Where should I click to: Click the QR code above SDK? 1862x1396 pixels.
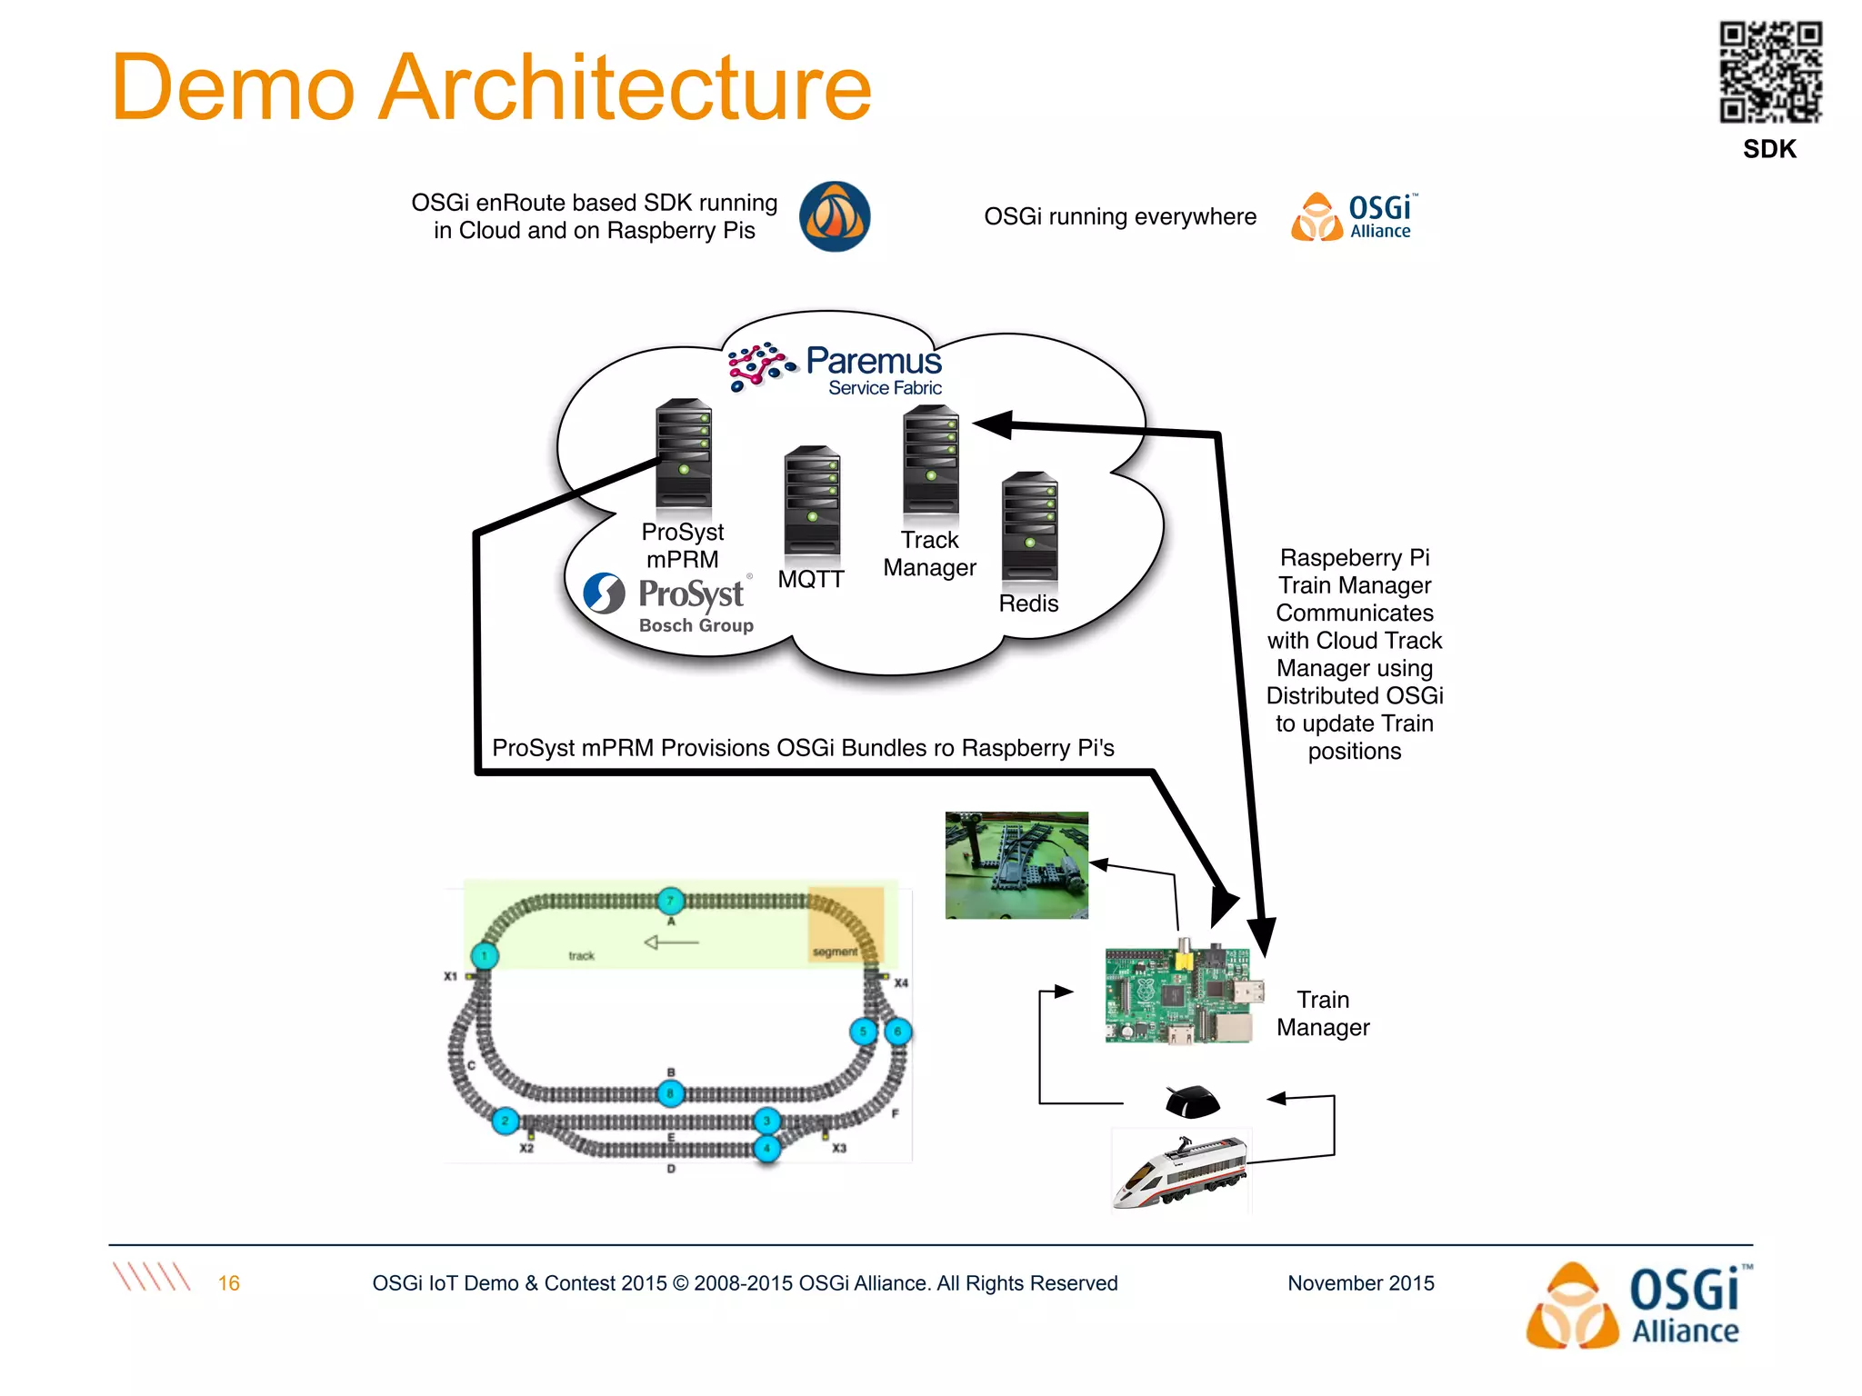point(1769,72)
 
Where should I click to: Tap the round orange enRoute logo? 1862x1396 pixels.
point(834,216)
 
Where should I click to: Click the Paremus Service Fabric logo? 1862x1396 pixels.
point(835,369)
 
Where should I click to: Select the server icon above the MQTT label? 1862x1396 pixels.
point(812,500)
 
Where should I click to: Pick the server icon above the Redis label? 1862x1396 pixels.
point(1029,526)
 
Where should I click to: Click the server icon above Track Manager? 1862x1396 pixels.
point(930,462)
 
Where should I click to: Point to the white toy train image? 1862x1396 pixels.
point(1180,1172)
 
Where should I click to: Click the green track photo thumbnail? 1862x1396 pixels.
point(1016,865)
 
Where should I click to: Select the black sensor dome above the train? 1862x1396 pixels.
point(1192,1102)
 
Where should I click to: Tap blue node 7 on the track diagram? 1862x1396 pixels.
point(670,901)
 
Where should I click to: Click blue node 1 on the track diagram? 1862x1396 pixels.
point(485,956)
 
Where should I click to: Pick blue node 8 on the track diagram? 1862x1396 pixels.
point(670,1093)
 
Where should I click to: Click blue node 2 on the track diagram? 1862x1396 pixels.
point(505,1121)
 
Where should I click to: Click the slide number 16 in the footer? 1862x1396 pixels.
point(228,1283)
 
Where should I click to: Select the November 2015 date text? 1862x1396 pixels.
point(1360,1283)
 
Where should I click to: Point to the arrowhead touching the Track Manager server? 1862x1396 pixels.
point(993,424)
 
